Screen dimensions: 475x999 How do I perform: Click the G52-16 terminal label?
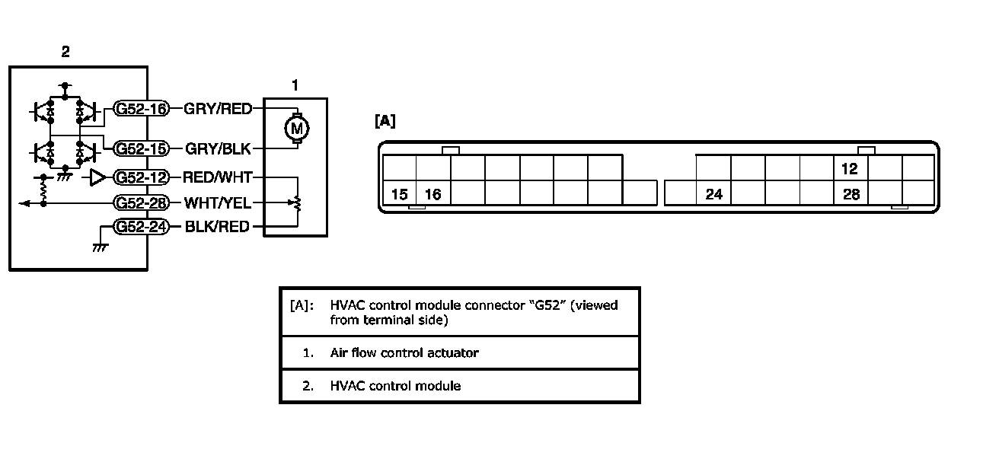click(141, 109)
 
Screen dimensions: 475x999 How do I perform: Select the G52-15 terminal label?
click(141, 148)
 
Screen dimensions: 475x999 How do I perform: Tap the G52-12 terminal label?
click(141, 177)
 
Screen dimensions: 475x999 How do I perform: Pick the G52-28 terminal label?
click(141, 203)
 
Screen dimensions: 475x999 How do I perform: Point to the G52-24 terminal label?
click(141, 227)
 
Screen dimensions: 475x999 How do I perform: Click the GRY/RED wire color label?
click(218, 109)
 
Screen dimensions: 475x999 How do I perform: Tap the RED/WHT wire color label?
click(218, 177)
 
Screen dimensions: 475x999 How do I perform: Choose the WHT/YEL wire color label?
click(218, 203)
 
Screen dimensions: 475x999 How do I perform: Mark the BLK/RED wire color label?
click(218, 227)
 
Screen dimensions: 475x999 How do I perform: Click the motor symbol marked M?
click(296, 128)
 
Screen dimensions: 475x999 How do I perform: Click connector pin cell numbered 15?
click(399, 194)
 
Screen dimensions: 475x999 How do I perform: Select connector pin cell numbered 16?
click(432, 194)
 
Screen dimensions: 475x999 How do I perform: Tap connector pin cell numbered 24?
click(713, 194)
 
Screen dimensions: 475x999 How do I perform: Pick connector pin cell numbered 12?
click(851, 168)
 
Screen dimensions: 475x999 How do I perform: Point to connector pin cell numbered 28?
click(851, 194)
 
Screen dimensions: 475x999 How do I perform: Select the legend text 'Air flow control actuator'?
click(404, 352)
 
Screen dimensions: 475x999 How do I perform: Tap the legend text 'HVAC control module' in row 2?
click(395, 386)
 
